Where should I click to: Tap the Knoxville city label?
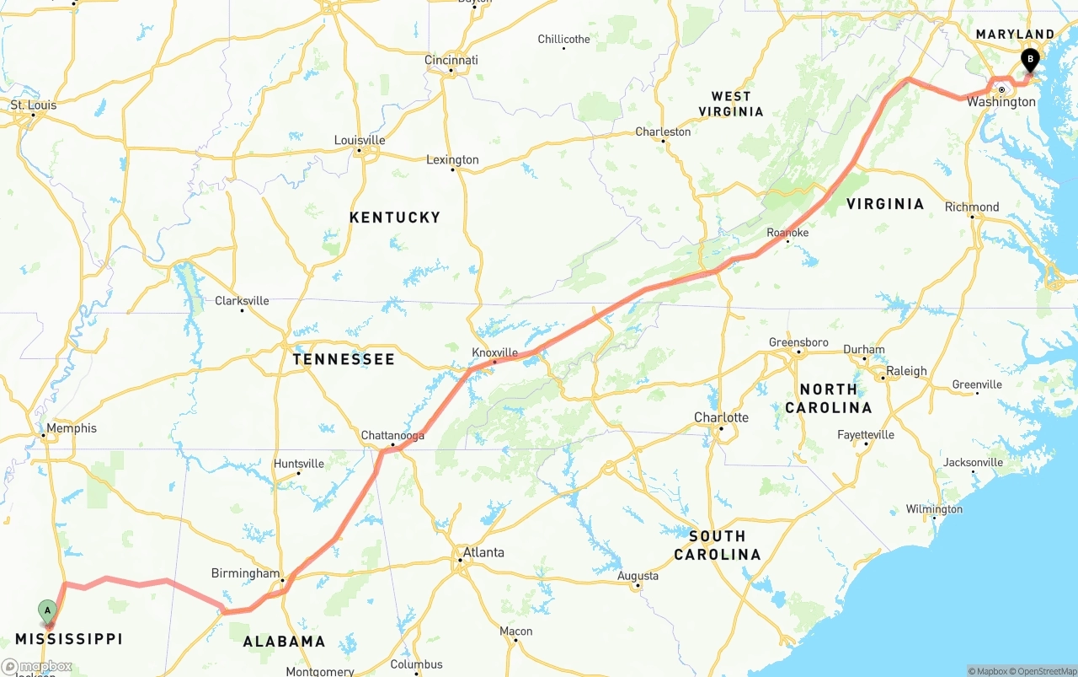pyautogui.click(x=494, y=352)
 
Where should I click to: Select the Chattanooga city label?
pyautogui.click(x=392, y=435)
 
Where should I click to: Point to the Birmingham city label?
pyautogui.click(x=245, y=573)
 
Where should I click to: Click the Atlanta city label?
pyautogui.click(x=483, y=552)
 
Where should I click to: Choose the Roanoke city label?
pyautogui.click(x=787, y=233)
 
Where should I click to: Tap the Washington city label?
pyautogui.click(x=1001, y=102)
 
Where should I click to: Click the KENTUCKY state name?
pyautogui.click(x=395, y=218)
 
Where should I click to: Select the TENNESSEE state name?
pyautogui.click(x=344, y=359)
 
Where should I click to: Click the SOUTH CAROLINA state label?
pyautogui.click(x=717, y=545)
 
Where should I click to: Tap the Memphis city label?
pyautogui.click(x=72, y=428)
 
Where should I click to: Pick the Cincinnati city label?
pyautogui.click(x=451, y=60)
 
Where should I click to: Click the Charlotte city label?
pyautogui.click(x=721, y=417)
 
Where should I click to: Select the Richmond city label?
pyautogui.click(x=972, y=207)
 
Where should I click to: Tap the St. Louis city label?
pyautogui.click(x=34, y=105)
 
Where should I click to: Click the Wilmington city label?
pyautogui.click(x=934, y=509)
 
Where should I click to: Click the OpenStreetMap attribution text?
pyautogui.click(x=1047, y=671)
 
